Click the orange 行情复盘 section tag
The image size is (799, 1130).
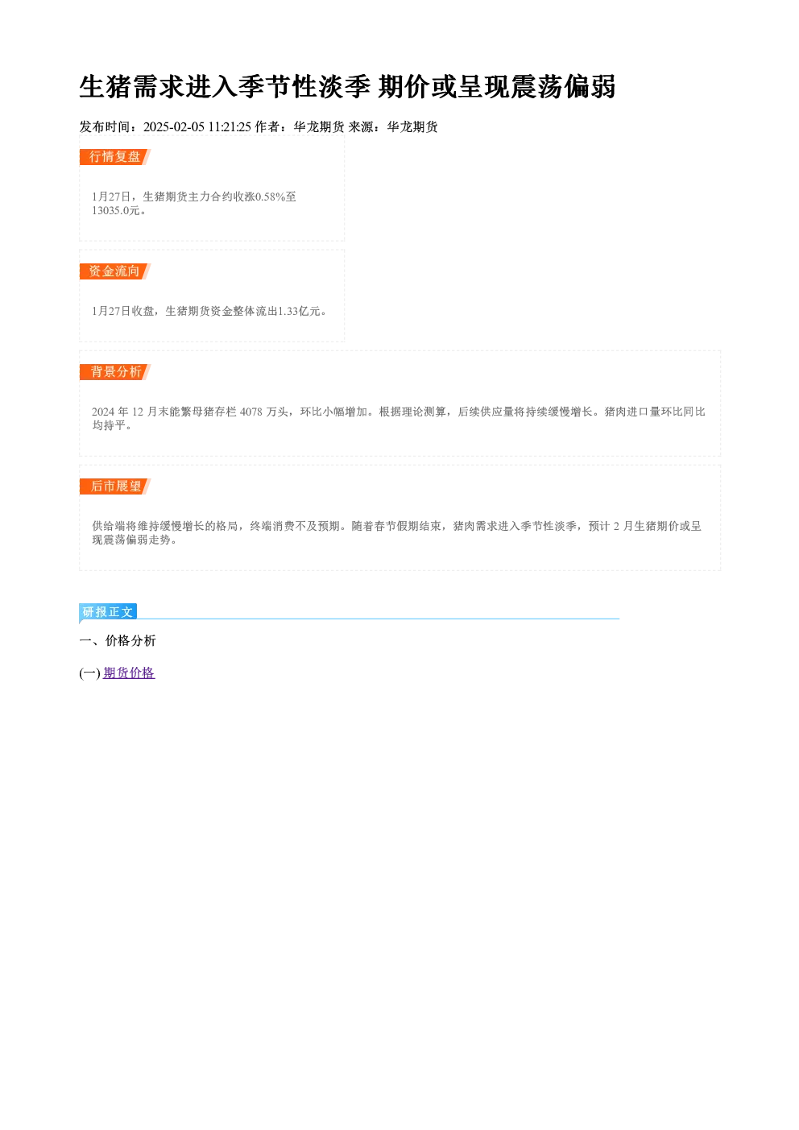[x=115, y=157]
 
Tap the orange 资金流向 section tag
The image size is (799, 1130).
[x=115, y=271]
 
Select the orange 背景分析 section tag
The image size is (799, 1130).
[x=115, y=372]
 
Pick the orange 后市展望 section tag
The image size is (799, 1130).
[x=115, y=486]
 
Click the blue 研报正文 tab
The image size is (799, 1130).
[x=108, y=612]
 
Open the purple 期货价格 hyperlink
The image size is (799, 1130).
[x=129, y=673]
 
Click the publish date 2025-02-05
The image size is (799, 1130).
[x=174, y=127]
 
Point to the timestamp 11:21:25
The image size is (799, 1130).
[x=230, y=127]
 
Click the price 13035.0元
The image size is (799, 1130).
[x=116, y=210]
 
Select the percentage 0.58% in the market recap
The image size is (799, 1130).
[x=270, y=197]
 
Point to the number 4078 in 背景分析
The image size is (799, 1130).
[x=251, y=412]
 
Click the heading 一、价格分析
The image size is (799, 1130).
[x=118, y=640]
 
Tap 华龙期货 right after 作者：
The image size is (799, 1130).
[x=319, y=127]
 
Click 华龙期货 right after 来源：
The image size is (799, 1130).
[x=412, y=127]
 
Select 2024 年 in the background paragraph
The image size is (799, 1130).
[x=110, y=412]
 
